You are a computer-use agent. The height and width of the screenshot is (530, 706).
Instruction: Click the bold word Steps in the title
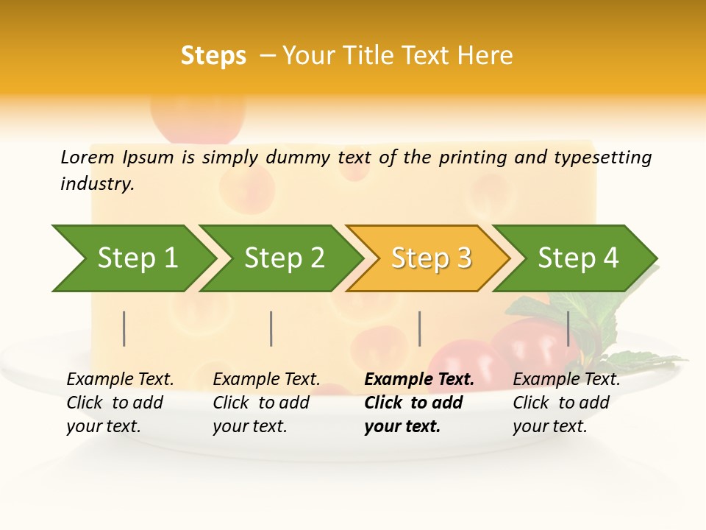[x=213, y=56]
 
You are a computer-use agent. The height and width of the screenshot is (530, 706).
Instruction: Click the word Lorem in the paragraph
[x=88, y=157]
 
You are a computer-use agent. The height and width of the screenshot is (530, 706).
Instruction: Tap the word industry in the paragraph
[x=96, y=183]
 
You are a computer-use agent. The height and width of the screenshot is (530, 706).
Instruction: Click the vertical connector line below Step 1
[x=124, y=328]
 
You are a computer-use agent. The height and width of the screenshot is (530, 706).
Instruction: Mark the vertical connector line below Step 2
[x=271, y=328]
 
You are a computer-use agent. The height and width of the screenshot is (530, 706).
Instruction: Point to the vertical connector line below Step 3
[x=420, y=328]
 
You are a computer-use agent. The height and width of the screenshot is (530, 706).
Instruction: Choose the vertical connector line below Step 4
[x=568, y=328]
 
